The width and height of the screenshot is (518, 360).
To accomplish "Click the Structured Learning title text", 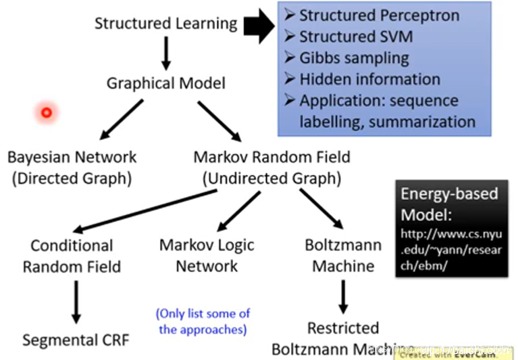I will (166, 24).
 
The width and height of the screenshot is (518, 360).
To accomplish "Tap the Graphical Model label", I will (166, 83).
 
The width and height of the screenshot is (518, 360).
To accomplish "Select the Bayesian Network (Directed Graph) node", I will (71, 167).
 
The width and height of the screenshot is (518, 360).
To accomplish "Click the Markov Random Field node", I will (272, 167).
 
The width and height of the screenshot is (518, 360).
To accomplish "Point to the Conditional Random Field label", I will (71, 256).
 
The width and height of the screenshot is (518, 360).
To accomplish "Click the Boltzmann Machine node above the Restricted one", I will (343, 255).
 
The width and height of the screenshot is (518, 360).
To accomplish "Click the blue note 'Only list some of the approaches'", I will (202, 321).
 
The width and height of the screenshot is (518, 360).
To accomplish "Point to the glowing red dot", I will (46, 112).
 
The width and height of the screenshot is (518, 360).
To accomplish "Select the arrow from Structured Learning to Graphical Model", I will (166, 54).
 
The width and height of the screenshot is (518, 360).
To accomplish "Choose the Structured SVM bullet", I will (355, 37).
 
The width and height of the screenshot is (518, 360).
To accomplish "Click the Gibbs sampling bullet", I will (354, 58).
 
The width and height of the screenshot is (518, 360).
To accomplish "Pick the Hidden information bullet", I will (369, 79).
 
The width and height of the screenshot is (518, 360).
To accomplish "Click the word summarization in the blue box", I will (429, 122).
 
